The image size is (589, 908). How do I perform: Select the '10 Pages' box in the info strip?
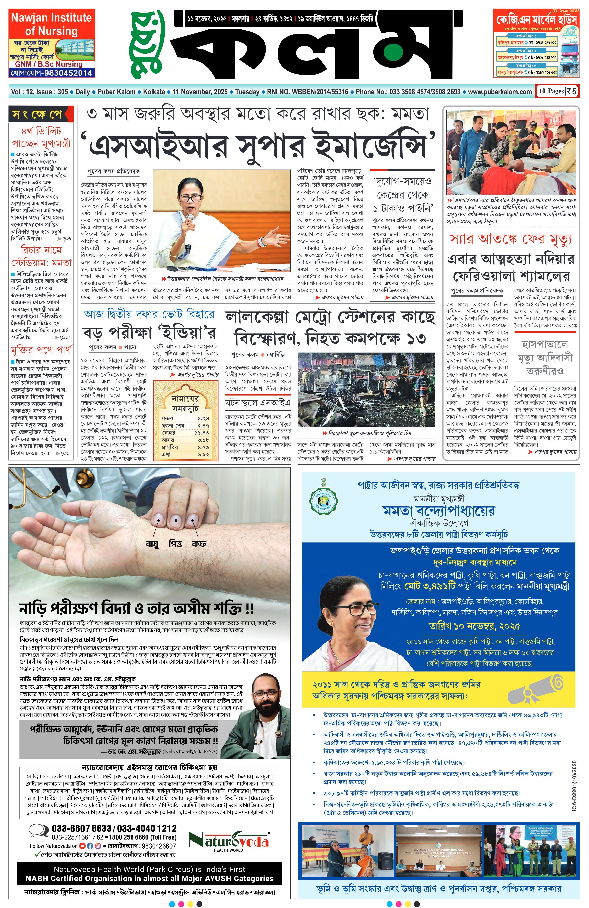point(551,91)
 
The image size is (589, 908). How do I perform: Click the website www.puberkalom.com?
point(500,92)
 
